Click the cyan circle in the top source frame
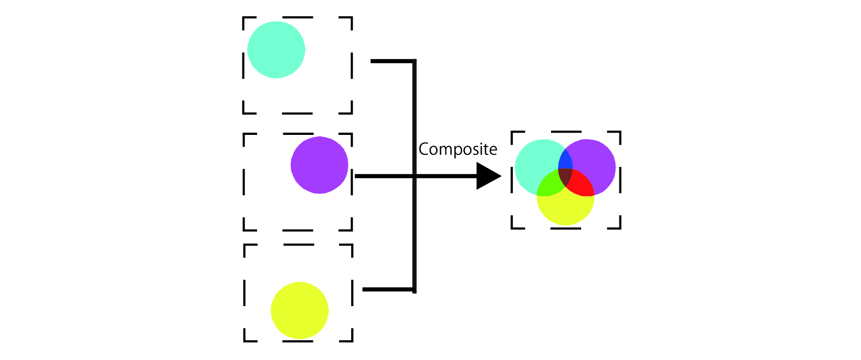276,49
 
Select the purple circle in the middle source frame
319,165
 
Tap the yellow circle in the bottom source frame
299,311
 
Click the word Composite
457,149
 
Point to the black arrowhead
487,176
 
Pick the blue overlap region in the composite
565,161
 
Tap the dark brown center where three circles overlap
565,176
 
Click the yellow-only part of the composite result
566,209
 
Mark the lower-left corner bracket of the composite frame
515,225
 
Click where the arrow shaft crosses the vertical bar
415,176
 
